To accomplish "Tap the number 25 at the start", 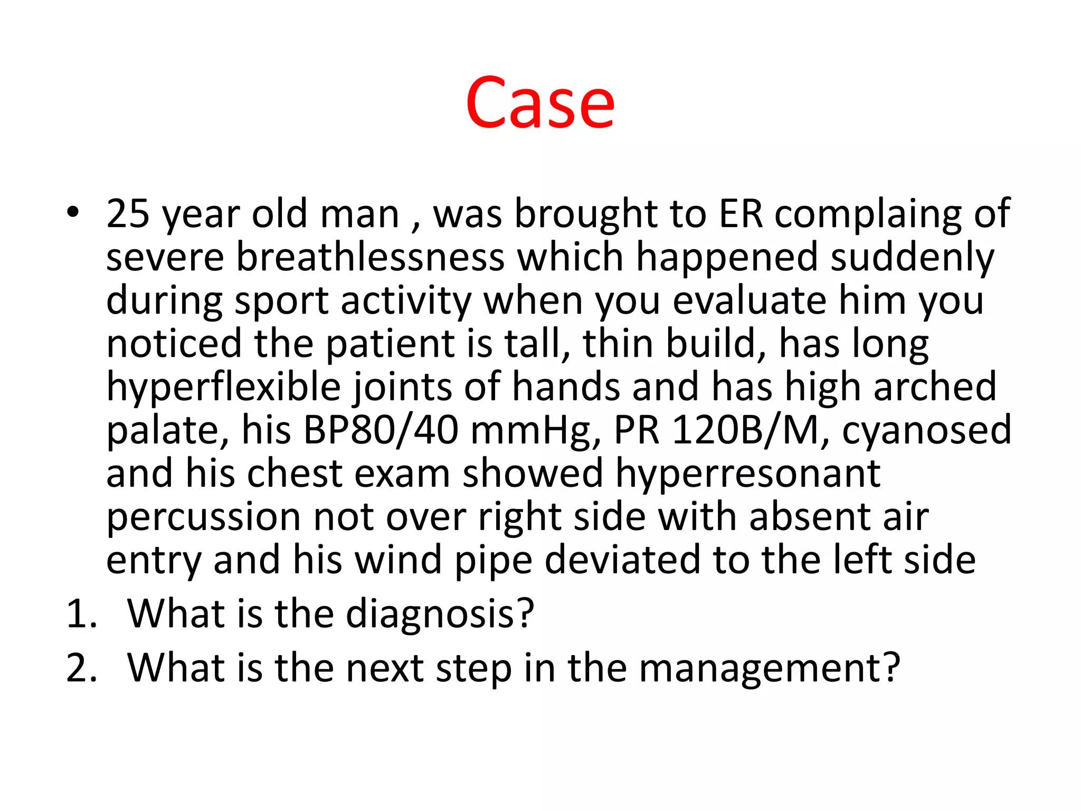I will tap(128, 214).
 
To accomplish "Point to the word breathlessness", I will tap(370, 257).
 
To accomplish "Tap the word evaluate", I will tap(750, 300).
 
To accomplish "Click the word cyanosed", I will tap(926, 430).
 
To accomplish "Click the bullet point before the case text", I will tap(73, 213).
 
